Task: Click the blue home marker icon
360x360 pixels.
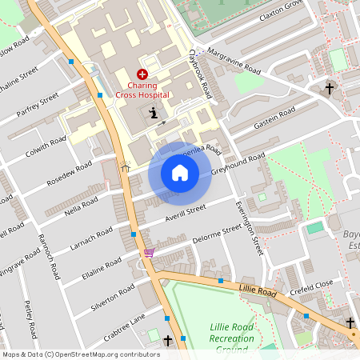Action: [180, 173]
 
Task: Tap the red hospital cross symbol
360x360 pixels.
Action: [142, 73]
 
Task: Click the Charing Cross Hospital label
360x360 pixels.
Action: [142, 90]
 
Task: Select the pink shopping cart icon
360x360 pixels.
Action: [149, 253]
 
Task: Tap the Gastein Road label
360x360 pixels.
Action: [274, 114]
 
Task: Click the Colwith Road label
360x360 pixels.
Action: [46, 146]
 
